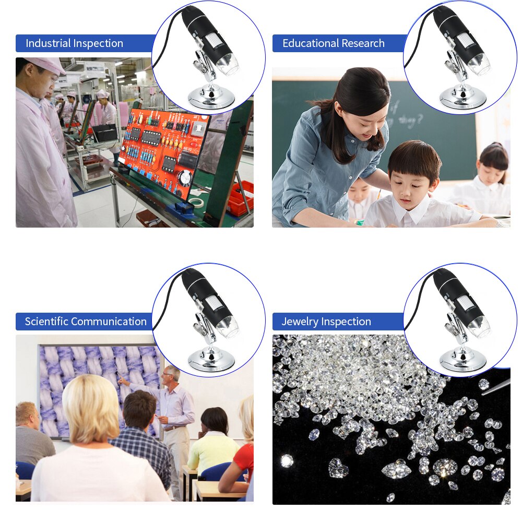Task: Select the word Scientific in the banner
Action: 46,322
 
